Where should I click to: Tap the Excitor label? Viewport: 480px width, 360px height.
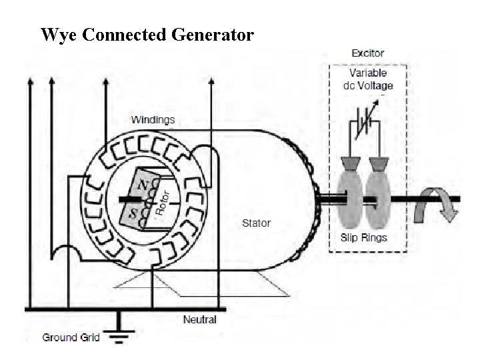367,53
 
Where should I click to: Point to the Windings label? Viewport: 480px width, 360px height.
153,120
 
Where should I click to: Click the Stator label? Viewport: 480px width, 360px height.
255,223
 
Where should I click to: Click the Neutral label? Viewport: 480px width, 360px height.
199,319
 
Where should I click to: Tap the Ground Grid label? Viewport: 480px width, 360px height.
71,337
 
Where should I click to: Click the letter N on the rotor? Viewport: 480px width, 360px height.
142,183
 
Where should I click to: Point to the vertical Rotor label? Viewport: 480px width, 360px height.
163,199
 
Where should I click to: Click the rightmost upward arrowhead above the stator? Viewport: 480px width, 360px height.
211,82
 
